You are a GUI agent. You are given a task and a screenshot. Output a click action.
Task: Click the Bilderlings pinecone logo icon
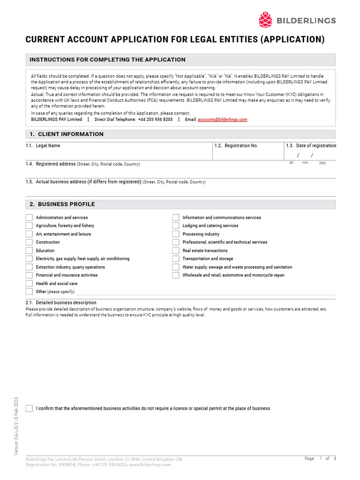point(265,20)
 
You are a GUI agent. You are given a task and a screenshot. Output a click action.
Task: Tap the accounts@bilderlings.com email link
point(222,120)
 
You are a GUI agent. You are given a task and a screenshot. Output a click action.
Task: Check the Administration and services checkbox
point(29,217)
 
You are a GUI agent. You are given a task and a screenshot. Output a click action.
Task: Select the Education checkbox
point(29,251)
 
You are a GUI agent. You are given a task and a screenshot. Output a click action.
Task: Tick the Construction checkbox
point(29,242)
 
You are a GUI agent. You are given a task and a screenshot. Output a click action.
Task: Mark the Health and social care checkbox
point(29,284)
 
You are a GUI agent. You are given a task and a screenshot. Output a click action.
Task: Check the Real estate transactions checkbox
point(176,251)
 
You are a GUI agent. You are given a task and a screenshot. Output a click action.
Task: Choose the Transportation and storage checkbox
point(176,259)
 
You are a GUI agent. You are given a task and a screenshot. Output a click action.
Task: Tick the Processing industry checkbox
point(176,234)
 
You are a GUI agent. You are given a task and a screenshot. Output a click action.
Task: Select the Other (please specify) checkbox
point(29,292)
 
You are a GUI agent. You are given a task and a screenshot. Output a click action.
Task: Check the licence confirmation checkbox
point(29,408)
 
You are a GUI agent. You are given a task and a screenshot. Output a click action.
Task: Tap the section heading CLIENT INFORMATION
point(70,134)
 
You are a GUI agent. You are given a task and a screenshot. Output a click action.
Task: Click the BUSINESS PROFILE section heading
point(66,204)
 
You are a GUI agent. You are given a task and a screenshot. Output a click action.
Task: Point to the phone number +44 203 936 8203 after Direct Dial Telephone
point(155,120)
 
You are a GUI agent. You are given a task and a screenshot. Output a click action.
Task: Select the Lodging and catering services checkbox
point(176,226)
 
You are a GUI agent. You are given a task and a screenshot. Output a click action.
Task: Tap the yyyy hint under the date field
point(322,163)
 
